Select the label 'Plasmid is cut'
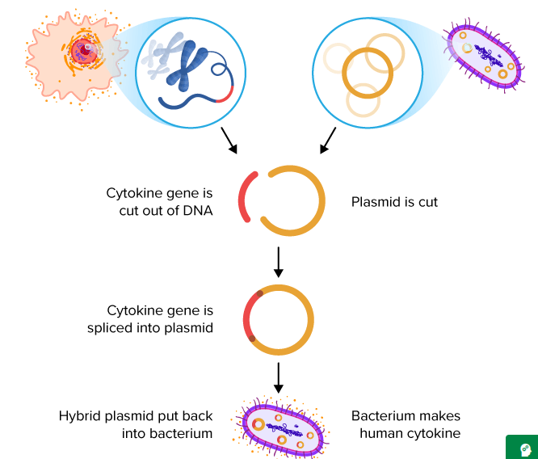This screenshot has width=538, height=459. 394,202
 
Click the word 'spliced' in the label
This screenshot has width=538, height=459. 111,328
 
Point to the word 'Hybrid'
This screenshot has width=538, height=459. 80,416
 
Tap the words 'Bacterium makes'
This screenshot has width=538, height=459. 406,415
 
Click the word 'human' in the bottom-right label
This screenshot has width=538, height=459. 380,433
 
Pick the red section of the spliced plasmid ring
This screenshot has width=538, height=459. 246,318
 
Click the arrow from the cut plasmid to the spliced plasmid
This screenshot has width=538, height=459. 279,262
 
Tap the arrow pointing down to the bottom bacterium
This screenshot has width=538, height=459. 279,377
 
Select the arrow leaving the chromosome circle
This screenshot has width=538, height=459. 229,141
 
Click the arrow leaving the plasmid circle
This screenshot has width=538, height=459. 328,141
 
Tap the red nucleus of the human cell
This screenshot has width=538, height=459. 83,52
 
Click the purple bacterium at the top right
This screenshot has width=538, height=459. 485,55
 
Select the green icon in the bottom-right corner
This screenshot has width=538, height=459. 522,447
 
